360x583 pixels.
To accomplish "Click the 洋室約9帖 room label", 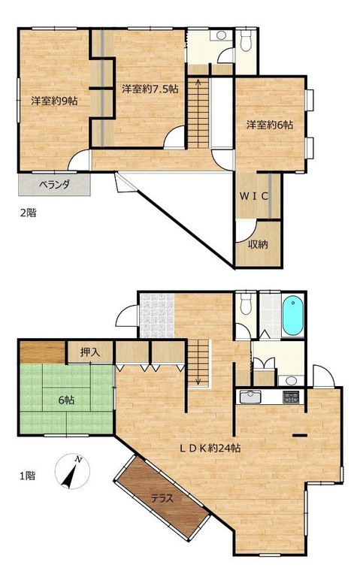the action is [x=55, y=101].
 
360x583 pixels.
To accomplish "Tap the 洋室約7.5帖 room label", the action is [x=150, y=89].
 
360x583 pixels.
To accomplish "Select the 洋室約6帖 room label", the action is [x=270, y=125].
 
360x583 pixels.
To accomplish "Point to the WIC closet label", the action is [x=253, y=197].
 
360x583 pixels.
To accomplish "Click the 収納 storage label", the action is [x=258, y=244].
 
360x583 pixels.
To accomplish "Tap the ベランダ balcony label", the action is [x=54, y=184].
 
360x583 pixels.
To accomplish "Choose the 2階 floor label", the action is [x=29, y=213].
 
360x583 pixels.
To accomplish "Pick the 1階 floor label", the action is [x=29, y=475].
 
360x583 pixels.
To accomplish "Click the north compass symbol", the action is [x=72, y=471].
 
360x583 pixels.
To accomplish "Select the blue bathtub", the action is [x=292, y=316].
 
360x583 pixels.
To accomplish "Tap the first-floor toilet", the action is [x=246, y=304].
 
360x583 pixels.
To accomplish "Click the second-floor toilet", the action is [x=246, y=41].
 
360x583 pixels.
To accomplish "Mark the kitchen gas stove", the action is [x=291, y=397].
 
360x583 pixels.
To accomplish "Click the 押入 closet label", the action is [x=90, y=352].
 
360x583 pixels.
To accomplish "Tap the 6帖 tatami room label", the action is [x=67, y=400].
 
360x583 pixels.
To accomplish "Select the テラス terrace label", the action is [x=162, y=498].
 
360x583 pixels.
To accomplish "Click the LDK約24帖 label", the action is [x=210, y=448].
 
